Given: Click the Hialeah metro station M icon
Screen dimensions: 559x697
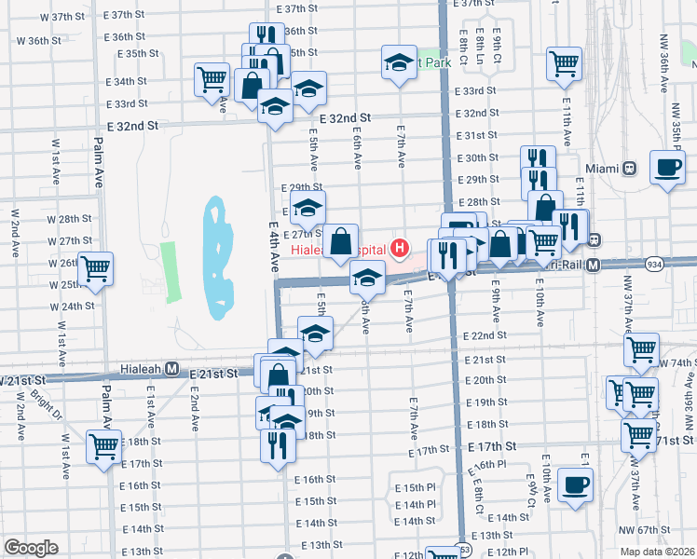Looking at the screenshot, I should point(172,369).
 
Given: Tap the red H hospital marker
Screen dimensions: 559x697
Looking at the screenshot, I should point(400,248).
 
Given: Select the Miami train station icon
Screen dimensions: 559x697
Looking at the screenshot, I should point(630,169).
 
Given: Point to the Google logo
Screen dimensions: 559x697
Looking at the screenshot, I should point(31,548).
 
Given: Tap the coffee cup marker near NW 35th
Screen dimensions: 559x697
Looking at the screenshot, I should point(666,167).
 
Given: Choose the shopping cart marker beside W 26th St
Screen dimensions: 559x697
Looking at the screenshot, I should point(96,269).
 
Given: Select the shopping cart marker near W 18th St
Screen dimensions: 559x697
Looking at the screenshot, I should point(103,446).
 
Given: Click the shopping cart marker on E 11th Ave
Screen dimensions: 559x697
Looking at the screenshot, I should point(565,63).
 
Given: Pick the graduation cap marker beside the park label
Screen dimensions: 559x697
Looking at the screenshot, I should point(399,62).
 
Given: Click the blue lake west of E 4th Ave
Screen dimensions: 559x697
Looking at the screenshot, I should point(215,252).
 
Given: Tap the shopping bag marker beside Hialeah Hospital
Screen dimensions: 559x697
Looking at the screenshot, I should point(343,240).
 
